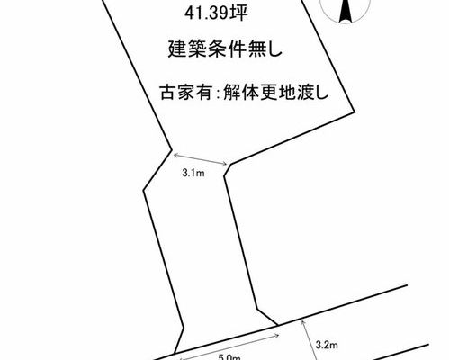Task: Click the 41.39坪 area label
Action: pos(216,13)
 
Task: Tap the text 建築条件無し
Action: pos(225,49)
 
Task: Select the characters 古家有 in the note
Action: pos(186,92)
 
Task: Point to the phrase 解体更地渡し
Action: pos(275,92)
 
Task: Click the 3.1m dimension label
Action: pos(193,173)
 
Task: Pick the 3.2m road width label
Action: pos(327,345)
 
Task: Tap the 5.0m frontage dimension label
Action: pos(229,357)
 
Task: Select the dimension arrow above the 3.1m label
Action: pos(201,158)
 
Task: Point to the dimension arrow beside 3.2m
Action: pos(309,340)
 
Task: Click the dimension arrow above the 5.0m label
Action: pos(229,346)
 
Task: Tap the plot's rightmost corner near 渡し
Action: pos(355,112)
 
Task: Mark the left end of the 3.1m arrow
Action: pos(175,154)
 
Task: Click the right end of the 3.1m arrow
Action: pos(227,164)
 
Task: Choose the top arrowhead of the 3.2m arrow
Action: pos(302,320)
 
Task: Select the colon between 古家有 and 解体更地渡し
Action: pos(218,94)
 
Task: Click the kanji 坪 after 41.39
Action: pos(239,13)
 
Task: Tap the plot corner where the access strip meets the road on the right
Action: pos(277,325)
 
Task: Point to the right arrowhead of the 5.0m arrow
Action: pos(278,335)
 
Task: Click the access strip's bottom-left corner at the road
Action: pos(175,353)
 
